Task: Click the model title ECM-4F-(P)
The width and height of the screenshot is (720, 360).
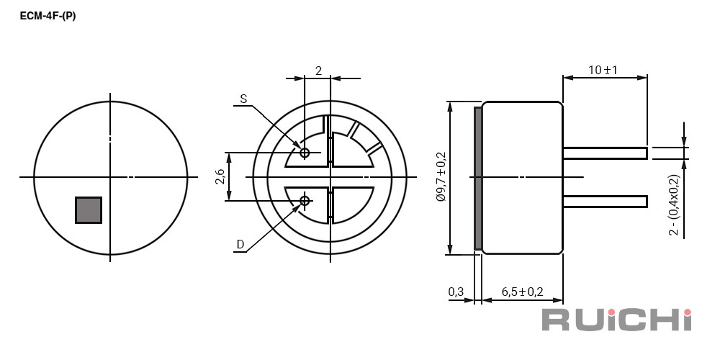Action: [48, 16]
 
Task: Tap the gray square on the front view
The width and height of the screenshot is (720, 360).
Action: [89, 210]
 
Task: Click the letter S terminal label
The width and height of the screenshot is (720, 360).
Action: [243, 98]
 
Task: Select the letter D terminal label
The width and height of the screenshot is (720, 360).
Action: [240, 244]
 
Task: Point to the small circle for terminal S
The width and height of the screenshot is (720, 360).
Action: [305, 153]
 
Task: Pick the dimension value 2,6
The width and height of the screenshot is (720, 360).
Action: [220, 176]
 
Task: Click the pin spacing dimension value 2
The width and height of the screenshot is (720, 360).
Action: [318, 71]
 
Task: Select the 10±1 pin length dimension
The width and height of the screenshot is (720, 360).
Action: [603, 71]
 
